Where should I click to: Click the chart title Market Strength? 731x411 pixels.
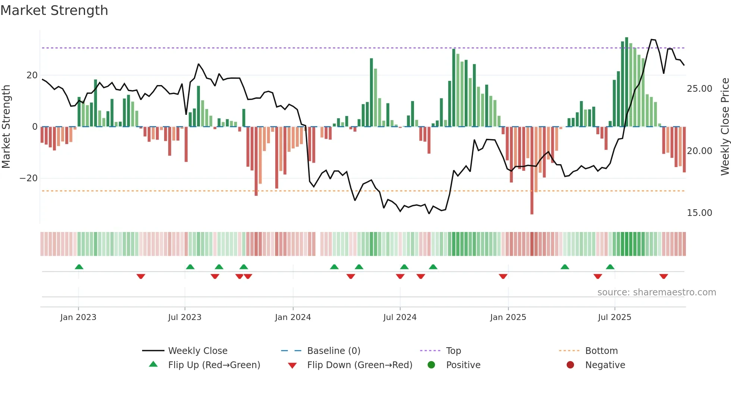[x=54, y=10]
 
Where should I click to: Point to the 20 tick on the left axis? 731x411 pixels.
[x=32, y=75]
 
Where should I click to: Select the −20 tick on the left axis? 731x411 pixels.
[x=29, y=178]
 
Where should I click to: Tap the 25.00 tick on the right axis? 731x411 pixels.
[x=699, y=89]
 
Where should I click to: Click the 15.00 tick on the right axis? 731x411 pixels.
[x=699, y=213]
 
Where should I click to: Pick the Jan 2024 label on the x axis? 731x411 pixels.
[x=293, y=317]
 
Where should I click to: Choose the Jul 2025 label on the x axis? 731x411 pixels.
[x=614, y=317]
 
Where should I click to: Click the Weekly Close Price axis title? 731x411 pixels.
[x=725, y=127]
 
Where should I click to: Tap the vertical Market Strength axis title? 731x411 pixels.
[x=6, y=127]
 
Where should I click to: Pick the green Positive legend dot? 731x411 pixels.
[x=432, y=365]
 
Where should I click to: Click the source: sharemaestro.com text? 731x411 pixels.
[x=656, y=292]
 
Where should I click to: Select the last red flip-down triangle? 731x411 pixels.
[x=663, y=276]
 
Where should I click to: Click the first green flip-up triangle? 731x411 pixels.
[x=79, y=267]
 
